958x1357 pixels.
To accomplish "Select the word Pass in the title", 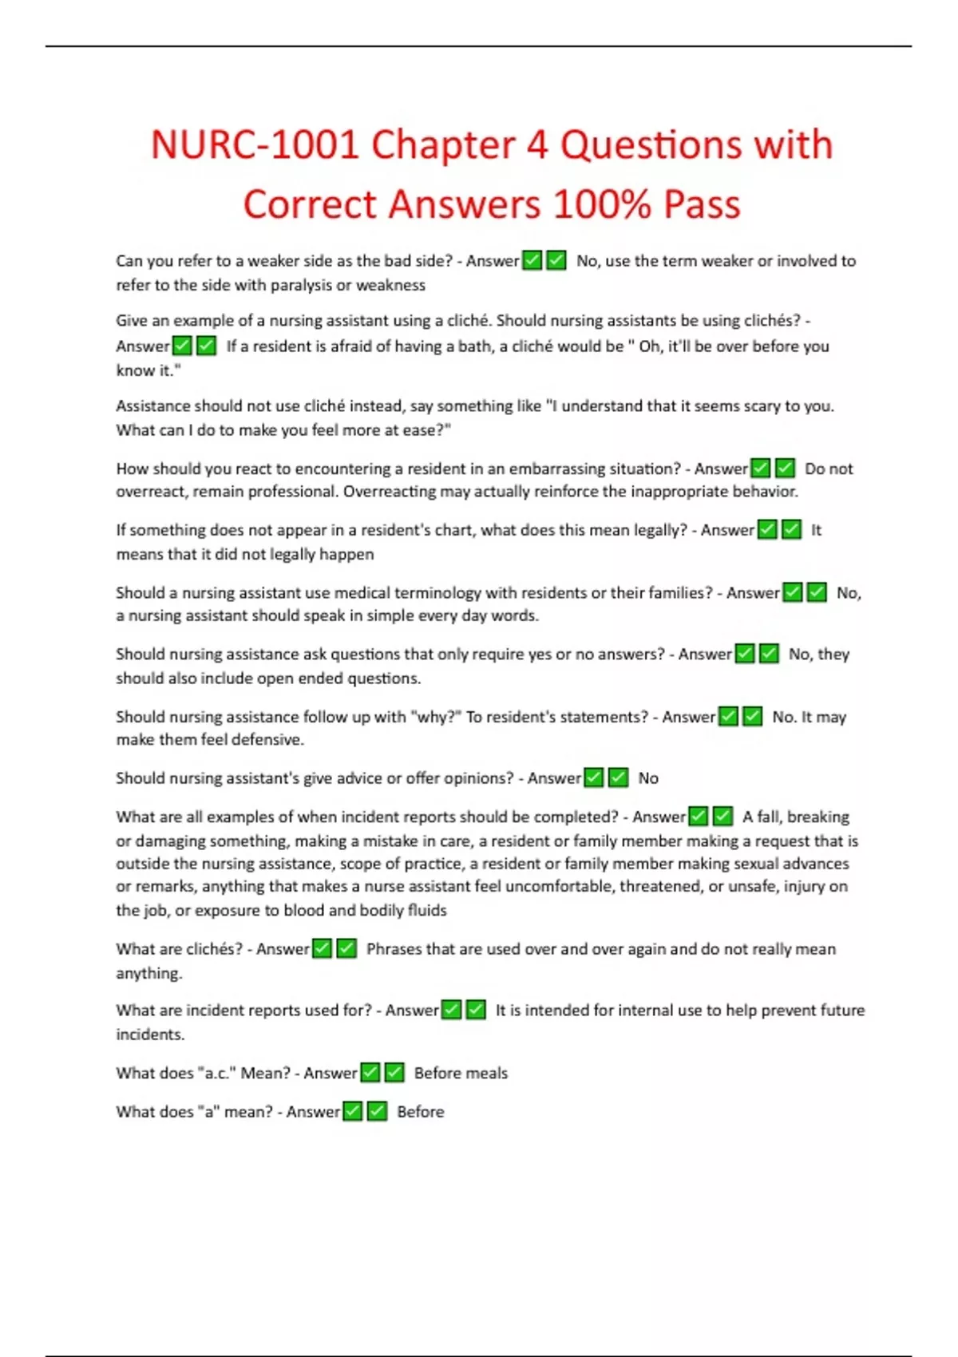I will pyautogui.click(x=702, y=204).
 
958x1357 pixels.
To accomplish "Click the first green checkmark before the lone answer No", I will pyautogui.click(x=594, y=777).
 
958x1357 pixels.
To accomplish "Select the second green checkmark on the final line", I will pyautogui.click(x=378, y=1111).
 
